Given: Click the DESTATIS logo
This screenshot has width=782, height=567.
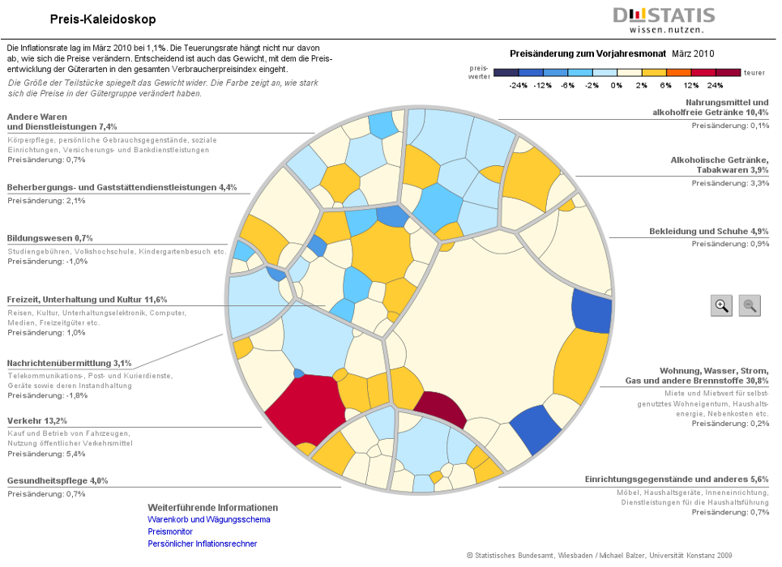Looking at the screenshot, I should [664, 19].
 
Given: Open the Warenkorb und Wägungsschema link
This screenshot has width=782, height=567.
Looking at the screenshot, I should [208, 519].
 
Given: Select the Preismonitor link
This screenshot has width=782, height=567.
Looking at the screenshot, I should [169, 531].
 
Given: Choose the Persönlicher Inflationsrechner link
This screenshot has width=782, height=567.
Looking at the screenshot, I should [202, 544].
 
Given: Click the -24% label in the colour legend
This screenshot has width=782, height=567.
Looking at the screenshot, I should [519, 85].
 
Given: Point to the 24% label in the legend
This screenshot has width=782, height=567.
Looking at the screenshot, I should [715, 85].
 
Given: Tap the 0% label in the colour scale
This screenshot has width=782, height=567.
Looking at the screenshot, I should [617, 85].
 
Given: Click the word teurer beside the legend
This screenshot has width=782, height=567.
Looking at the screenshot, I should [754, 72].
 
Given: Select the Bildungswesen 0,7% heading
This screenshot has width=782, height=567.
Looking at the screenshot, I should [49, 238].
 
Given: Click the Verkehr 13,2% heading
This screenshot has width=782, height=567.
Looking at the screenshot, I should [37, 420].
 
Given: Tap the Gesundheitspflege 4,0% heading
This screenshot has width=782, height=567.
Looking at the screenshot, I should [58, 480].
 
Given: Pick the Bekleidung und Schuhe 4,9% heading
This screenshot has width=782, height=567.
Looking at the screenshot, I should [709, 232].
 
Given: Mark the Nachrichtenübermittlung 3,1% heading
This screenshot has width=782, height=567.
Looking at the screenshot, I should [69, 363].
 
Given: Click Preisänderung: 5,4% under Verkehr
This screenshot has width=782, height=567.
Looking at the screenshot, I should [46, 454].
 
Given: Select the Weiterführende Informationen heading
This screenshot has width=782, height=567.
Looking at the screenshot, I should [212, 507].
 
